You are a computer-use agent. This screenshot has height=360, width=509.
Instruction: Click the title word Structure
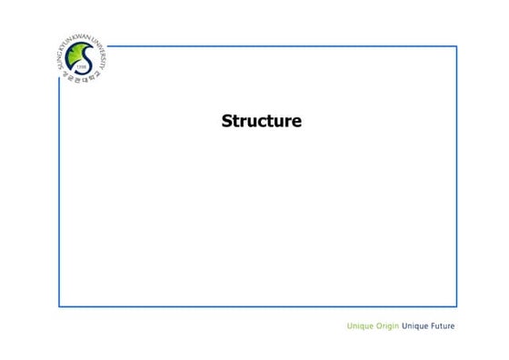261,120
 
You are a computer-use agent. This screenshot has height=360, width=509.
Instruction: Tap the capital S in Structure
227,120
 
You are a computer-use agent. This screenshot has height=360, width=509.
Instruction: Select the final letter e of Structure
295,121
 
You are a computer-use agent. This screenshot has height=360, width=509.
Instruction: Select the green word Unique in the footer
361,326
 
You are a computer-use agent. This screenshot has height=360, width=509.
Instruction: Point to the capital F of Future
433,326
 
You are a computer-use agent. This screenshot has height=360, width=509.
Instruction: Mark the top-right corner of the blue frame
456,45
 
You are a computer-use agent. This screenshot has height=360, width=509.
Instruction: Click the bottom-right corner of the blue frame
456,306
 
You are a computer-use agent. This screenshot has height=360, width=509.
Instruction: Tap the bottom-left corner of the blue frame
60,306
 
